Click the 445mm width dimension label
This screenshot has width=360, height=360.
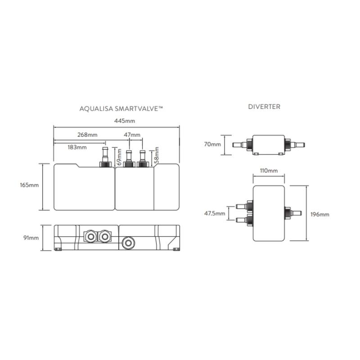tap(125, 121)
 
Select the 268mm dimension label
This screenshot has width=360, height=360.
tap(87, 135)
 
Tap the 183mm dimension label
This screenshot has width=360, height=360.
tap(77, 147)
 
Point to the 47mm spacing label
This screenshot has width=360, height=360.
tap(132, 135)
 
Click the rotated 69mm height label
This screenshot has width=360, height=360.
tap(119, 157)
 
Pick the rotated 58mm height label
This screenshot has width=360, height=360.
tap(157, 155)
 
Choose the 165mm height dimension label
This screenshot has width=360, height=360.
tap(29, 185)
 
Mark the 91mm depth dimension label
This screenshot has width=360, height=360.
tap(31, 238)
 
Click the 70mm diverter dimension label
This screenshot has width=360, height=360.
tap(212, 144)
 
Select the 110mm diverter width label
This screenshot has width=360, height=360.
tap(269, 171)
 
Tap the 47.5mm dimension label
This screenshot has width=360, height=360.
tap(215, 213)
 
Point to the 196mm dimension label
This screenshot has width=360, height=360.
tap(320, 215)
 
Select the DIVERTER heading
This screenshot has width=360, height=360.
tap(264, 107)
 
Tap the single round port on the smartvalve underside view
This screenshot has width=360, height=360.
tap(128, 243)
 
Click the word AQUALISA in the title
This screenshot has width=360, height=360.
tap(96, 108)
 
